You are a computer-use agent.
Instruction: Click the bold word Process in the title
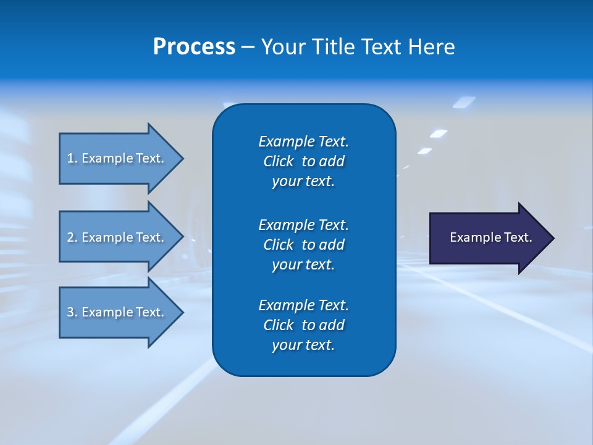tap(194, 47)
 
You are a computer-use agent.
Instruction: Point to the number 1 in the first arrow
tap(70, 158)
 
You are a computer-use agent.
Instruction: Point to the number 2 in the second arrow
tap(70, 237)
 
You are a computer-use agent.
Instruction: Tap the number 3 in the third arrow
tap(70, 312)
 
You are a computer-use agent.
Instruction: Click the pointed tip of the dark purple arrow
tap(552, 238)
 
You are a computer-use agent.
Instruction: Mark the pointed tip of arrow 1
tap(181, 158)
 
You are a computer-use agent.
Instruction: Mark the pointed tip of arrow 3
tap(181, 312)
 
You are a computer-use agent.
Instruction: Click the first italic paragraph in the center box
tap(303, 161)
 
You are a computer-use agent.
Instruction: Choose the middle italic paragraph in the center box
tap(303, 244)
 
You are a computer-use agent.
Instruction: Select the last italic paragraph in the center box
tap(303, 325)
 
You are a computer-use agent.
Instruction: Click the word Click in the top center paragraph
tap(278, 161)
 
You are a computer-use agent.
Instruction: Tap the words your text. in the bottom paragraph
tap(303, 345)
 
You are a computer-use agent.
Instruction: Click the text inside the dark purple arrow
tap(490, 237)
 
